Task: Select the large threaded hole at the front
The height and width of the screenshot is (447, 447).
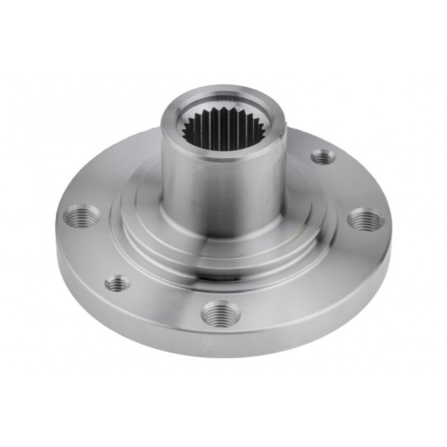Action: [220, 314]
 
